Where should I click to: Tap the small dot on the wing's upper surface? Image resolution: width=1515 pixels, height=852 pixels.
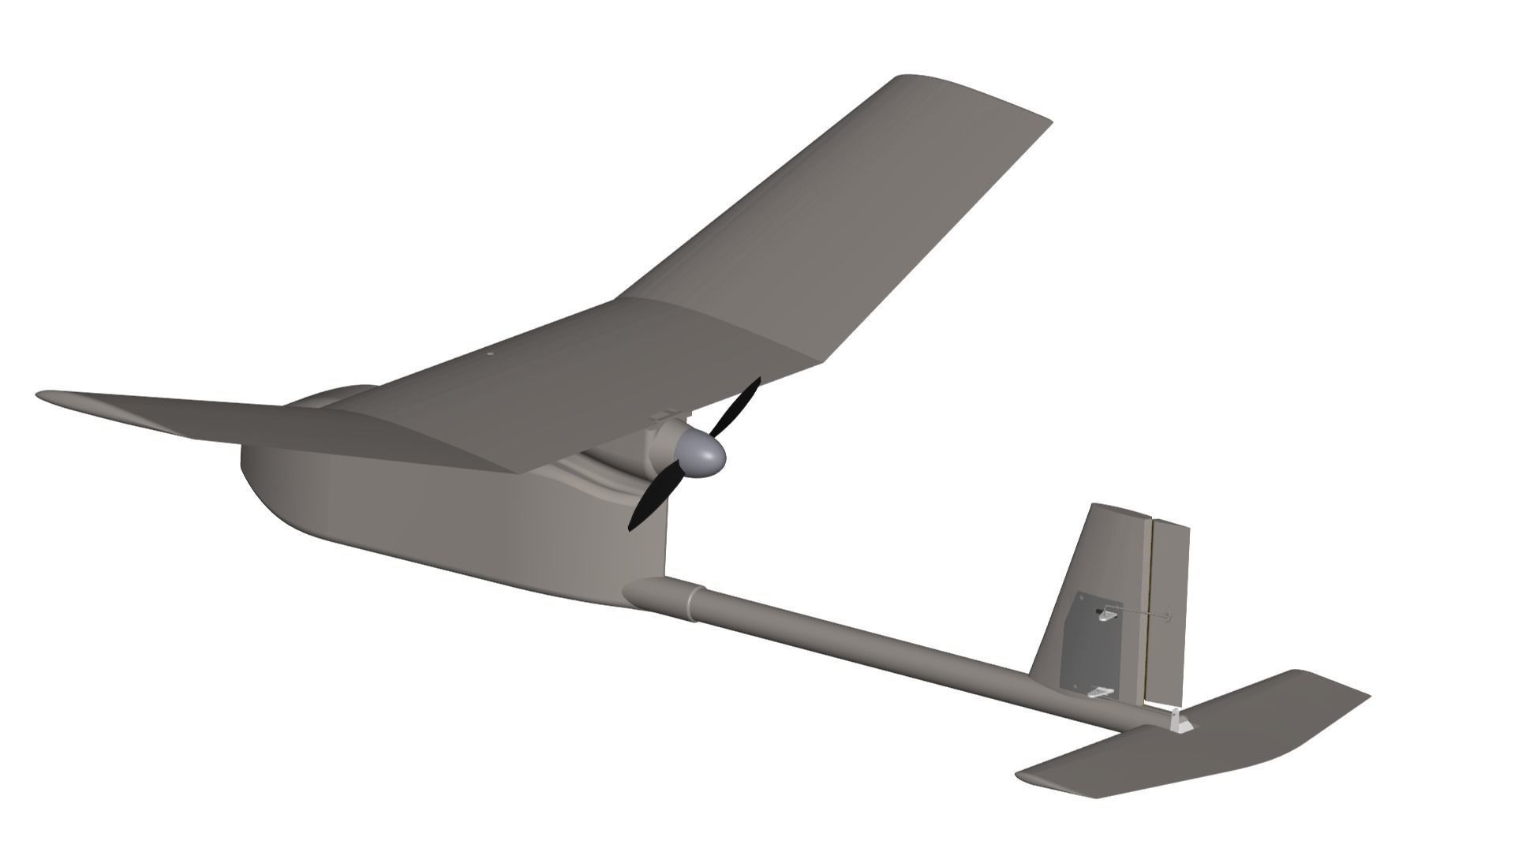[x=489, y=354]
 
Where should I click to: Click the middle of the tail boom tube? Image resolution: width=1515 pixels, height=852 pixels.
[x=868, y=643]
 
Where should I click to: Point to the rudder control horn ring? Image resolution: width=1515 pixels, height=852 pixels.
[x=1169, y=615]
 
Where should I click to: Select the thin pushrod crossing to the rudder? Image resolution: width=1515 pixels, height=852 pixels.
[x=1140, y=613]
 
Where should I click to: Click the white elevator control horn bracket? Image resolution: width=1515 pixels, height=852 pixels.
[x=1179, y=722]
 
